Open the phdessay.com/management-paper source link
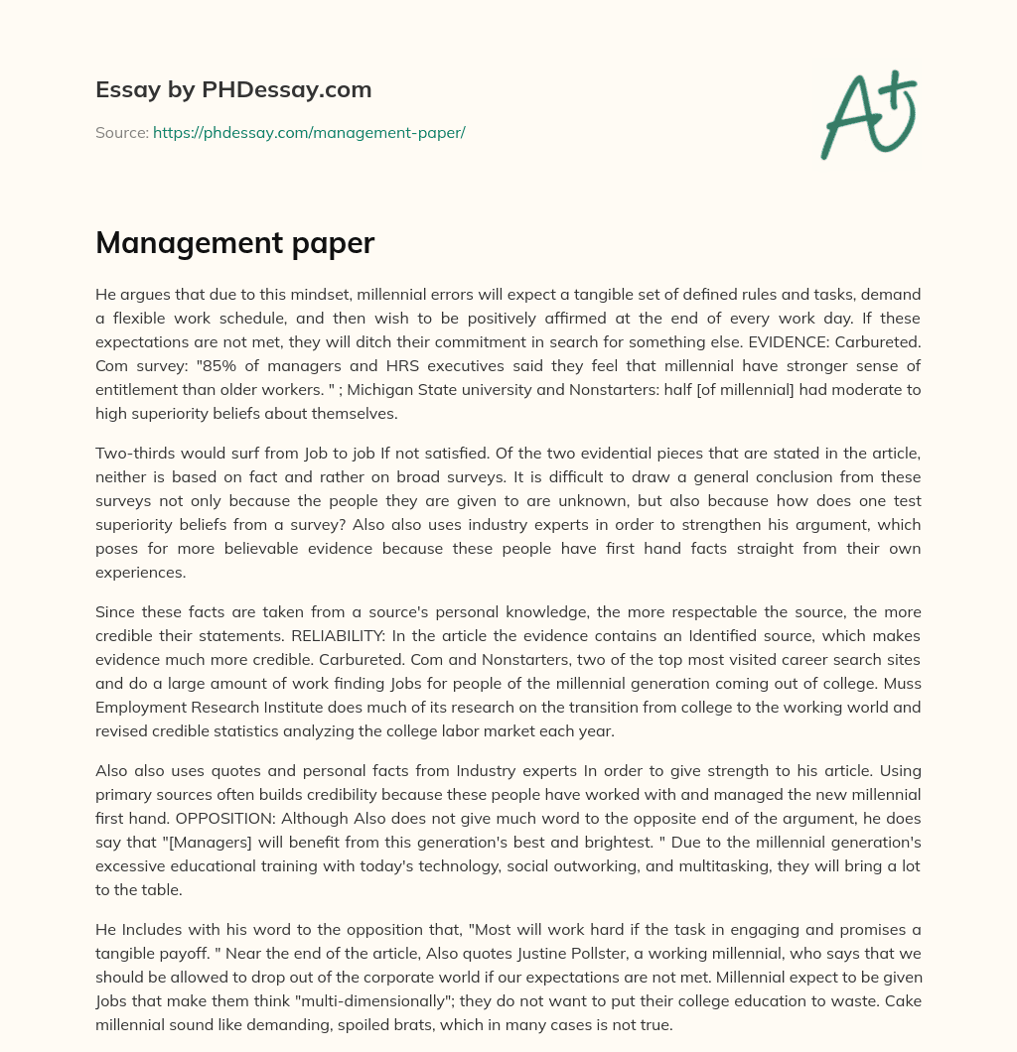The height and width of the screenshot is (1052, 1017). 309,132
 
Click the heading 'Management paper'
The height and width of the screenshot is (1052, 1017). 234,243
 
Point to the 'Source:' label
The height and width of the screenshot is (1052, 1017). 121,132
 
